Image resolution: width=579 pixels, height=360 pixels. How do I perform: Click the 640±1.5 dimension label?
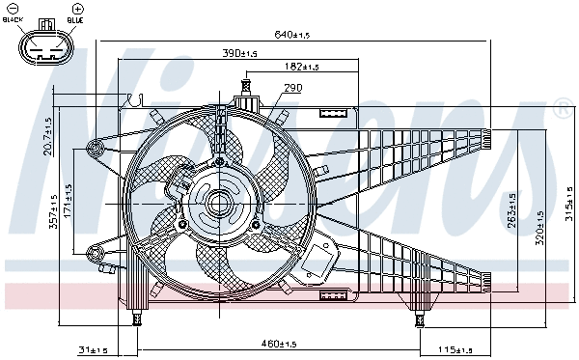[290, 35]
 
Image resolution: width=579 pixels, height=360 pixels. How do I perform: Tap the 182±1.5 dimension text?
[302, 67]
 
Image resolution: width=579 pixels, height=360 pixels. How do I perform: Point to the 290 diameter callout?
[293, 88]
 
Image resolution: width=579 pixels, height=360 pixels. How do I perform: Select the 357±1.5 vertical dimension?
[54, 218]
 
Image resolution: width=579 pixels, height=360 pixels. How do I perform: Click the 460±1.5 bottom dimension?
[279, 343]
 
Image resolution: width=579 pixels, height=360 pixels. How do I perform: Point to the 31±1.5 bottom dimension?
[92, 349]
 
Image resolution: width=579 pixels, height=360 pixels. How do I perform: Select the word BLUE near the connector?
[76, 20]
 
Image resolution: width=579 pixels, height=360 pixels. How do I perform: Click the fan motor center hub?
[216, 205]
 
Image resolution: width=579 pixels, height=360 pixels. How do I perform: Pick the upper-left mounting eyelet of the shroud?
[95, 148]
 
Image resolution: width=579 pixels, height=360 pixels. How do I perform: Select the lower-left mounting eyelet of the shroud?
[94, 252]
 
